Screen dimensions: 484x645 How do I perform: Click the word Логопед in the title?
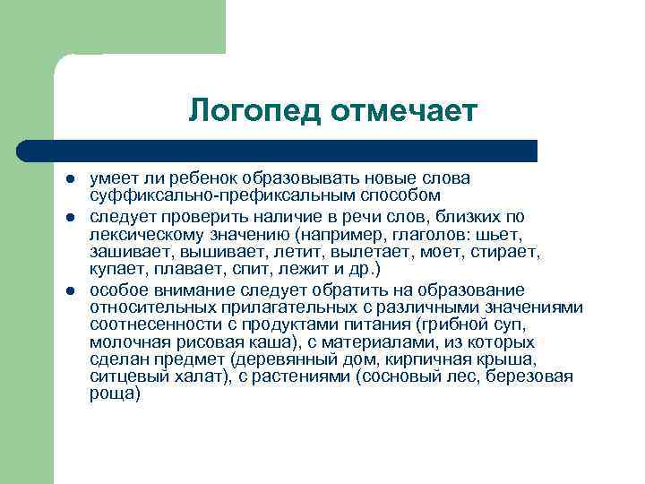(254, 111)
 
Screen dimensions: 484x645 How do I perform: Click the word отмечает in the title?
(403, 111)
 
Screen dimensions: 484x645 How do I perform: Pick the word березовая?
(531, 376)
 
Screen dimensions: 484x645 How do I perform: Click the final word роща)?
(115, 393)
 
